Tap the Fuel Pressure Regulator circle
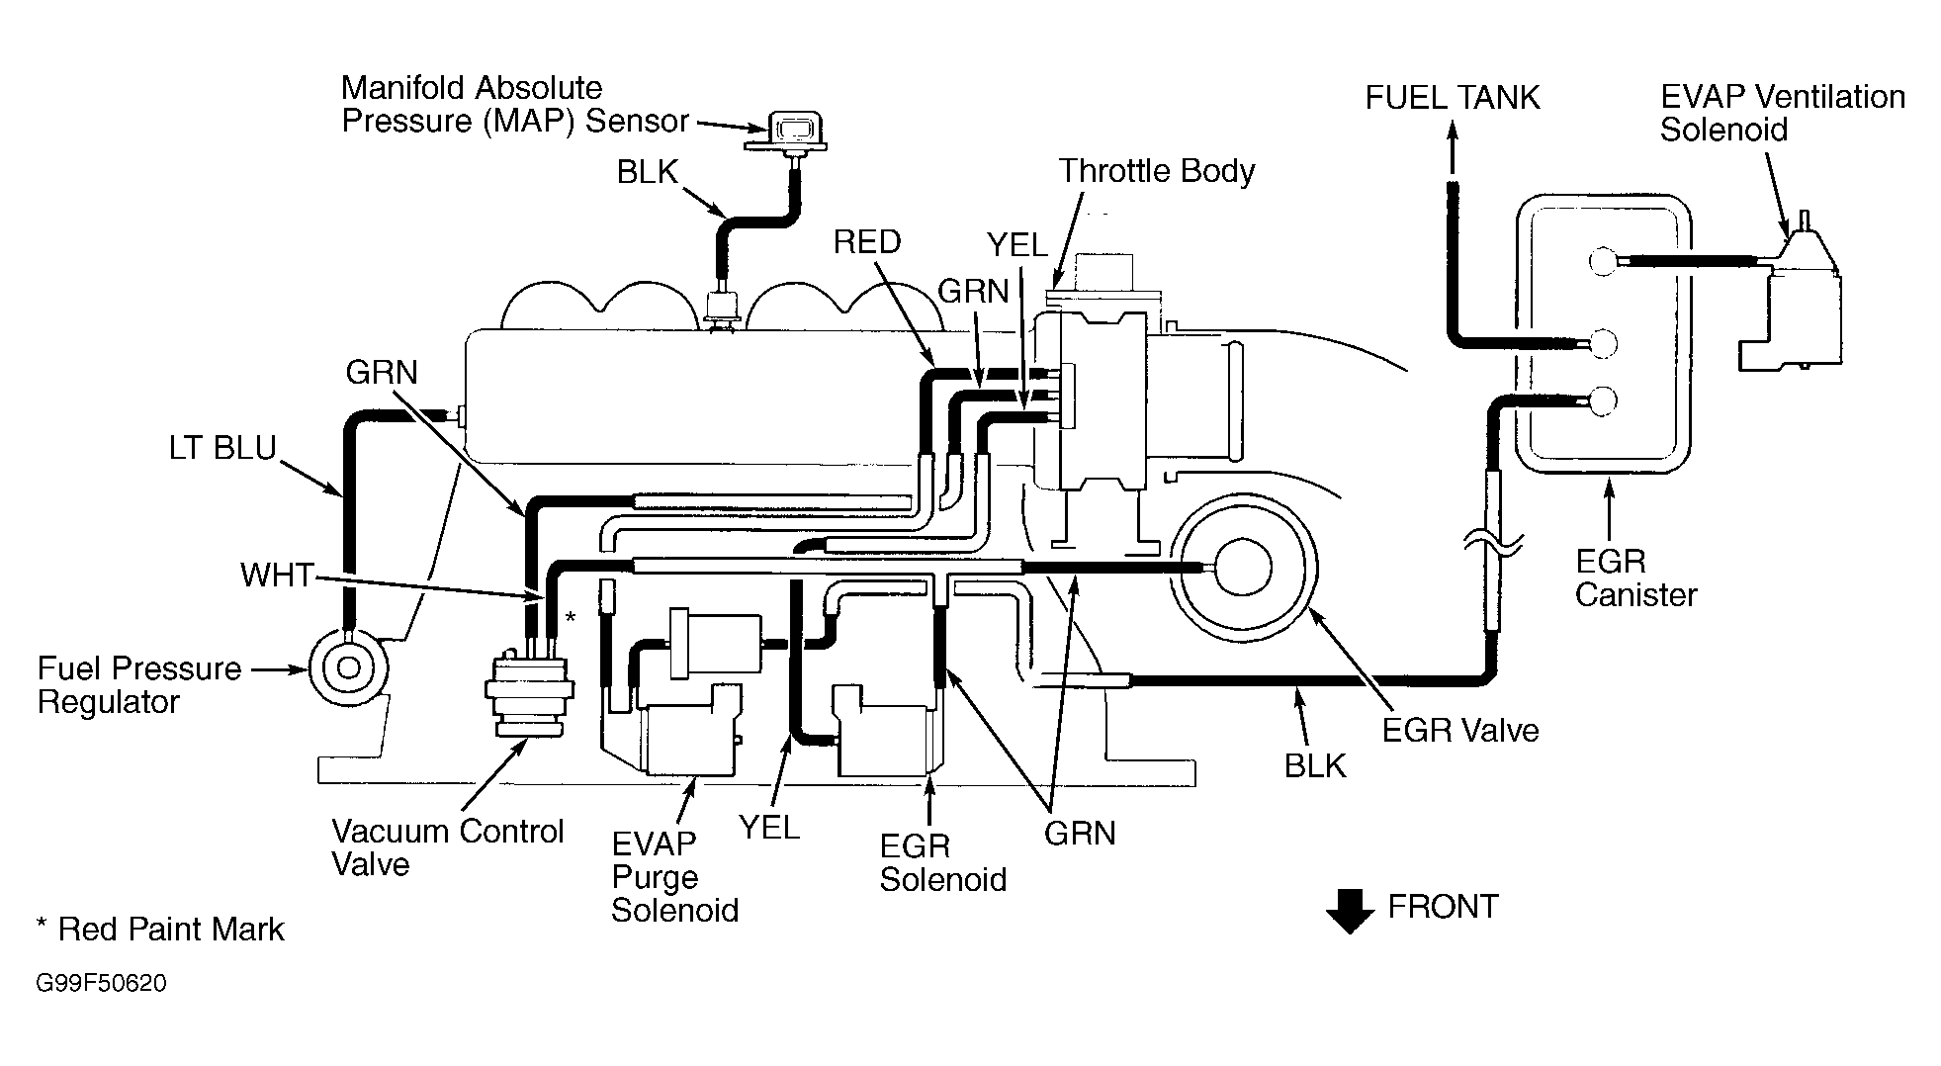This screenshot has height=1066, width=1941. pos(348,668)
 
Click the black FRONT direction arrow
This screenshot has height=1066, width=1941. pos(1350,911)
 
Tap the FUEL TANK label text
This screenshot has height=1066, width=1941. pos(1452,98)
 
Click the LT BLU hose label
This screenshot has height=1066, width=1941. pos(222,448)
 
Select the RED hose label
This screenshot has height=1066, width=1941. pos(867,242)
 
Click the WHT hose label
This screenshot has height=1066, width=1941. pos(276,576)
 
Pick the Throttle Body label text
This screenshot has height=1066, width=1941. pos(1156,171)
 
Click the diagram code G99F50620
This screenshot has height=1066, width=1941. pos(101,984)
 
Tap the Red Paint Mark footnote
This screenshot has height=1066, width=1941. pos(160,930)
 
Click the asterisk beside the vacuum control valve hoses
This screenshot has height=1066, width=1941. pos(570,618)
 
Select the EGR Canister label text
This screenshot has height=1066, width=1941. pos(1635,577)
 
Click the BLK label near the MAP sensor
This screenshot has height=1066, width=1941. pos(648,172)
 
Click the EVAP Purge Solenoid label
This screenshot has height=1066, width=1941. pos(674,876)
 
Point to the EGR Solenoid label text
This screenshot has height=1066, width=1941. pos(942,862)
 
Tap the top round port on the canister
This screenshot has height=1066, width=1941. pos(1602,261)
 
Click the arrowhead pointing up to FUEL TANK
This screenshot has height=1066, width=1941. pos(1453,135)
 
